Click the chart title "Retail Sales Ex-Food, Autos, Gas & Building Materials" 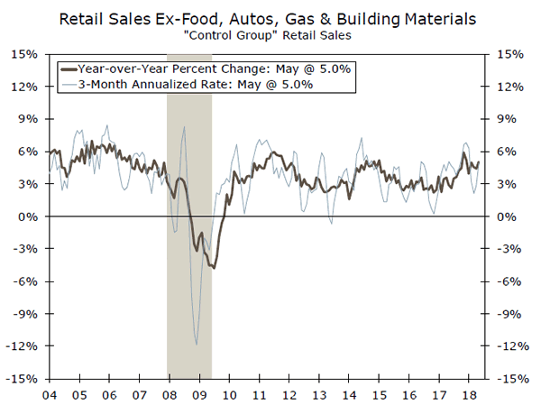tap(270, 17)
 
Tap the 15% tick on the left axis tap(25, 54)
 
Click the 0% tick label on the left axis tap(29, 217)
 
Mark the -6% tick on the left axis tap(27, 282)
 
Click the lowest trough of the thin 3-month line tap(197, 344)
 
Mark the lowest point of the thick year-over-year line tap(214, 268)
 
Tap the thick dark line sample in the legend tap(69, 68)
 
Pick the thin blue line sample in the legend tap(69, 84)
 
